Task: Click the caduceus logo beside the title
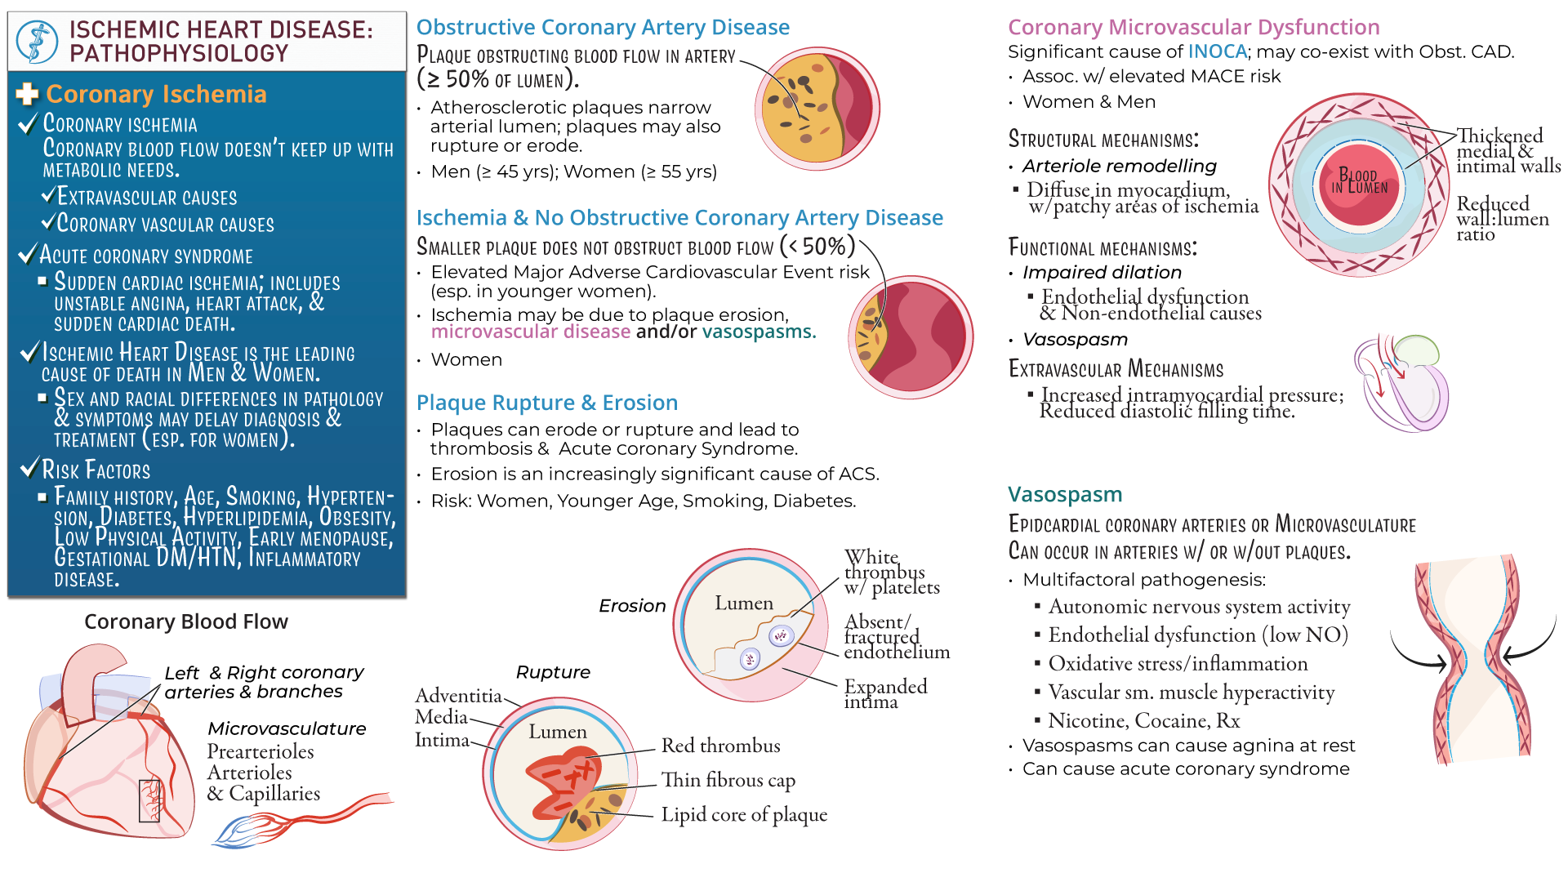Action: pyautogui.click(x=38, y=42)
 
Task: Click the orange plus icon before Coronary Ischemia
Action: pyautogui.click(x=28, y=94)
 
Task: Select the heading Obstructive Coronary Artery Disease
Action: pyautogui.click(x=603, y=27)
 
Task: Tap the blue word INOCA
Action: pyautogui.click(x=1217, y=51)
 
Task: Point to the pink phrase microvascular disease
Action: pyautogui.click(x=531, y=332)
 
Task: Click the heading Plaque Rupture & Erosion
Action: pyautogui.click(x=547, y=403)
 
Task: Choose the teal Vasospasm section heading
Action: pyautogui.click(x=1065, y=495)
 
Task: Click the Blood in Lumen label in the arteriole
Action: pyautogui.click(x=1358, y=181)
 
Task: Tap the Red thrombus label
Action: pyautogui.click(x=720, y=746)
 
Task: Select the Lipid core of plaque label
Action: pyautogui.click(x=744, y=814)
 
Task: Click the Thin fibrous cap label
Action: pyautogui.click(x=728, y=781)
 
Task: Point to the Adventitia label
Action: pyautogui.click(x=458, y=696)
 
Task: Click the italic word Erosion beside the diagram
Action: pyautogui.click(x=632, y=606)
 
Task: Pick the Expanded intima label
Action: pyautogui.click(x=885, y=693)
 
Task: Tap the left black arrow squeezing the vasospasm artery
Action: pyautogui.click(x=1417, y=653)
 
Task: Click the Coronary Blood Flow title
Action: pyautogui.click(x=186, y=622)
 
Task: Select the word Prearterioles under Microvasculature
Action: pyautogui.click(x=261, y=751)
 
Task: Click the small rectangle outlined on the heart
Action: pyautogui.click(x=149, y=800)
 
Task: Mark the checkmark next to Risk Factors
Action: pyautogui.click(x=30, y=468)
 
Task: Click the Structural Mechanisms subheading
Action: pyautogui.click(x=1103, y=139)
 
